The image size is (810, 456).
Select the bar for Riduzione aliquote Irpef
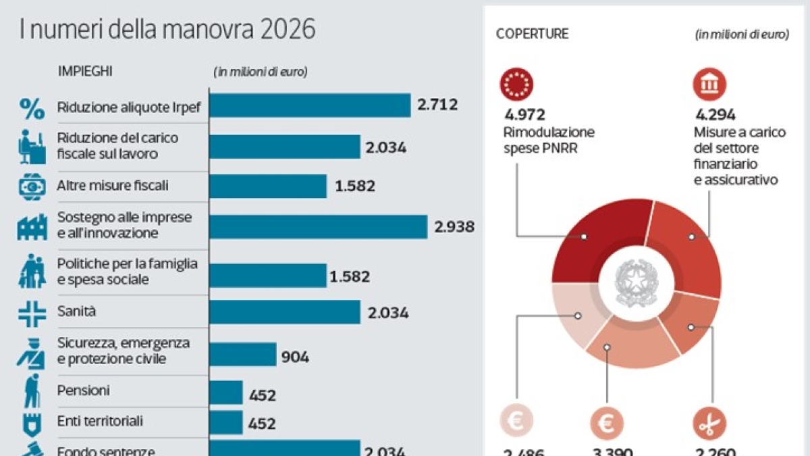pos(310,105)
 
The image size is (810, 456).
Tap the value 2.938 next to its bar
pos(454,226)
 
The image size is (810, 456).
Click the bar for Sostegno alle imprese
pos(318,226)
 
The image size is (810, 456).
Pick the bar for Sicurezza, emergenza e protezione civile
pos(243,354)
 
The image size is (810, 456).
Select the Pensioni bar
pos(226,392)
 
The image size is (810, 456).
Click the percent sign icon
pos(31,107)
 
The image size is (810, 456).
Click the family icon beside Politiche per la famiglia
pos(32,272)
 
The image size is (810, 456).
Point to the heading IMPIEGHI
pos(85,71)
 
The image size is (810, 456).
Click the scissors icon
pos(709,424)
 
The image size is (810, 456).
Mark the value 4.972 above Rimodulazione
pos(524,116)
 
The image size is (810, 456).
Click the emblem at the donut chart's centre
pos(635,282)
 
